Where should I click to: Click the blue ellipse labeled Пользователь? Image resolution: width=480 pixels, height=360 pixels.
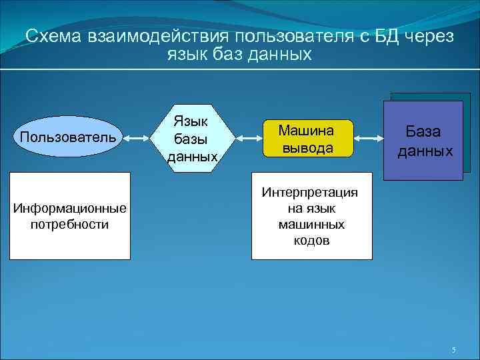coord(69,137)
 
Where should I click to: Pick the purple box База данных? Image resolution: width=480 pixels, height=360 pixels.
coord(423,140)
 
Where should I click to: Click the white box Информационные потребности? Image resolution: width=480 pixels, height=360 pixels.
coord(70,215)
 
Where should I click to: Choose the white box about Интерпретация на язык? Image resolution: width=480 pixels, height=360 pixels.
coord(311,215)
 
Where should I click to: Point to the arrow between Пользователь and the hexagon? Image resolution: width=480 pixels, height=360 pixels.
coord(140,138)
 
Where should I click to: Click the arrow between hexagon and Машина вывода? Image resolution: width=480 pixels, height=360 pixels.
coord(249,138)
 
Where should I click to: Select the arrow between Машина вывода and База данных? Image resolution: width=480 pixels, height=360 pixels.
coord(369,138)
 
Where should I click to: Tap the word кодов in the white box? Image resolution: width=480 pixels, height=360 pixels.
coord(311,241)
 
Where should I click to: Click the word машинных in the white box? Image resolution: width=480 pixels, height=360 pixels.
coord(311,225)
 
